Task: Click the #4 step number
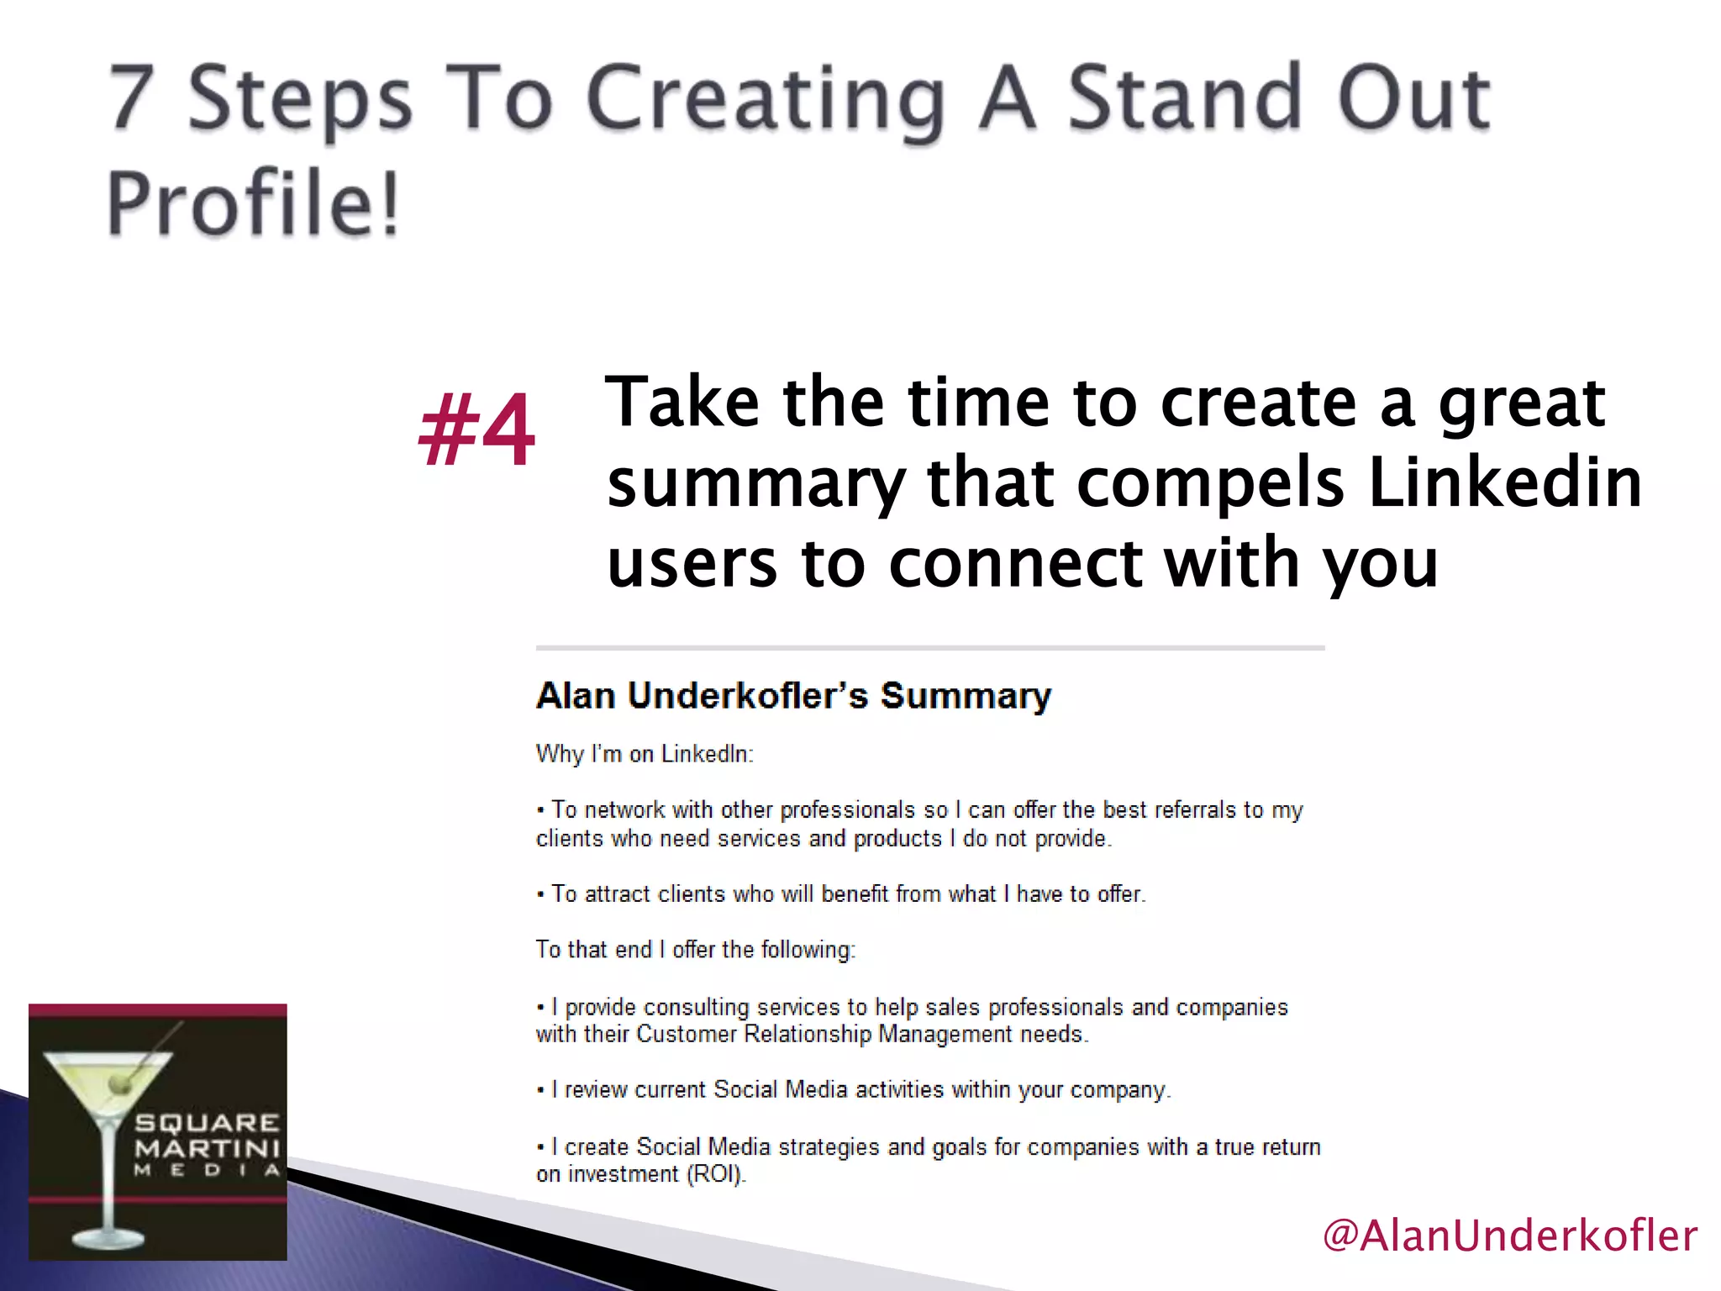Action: point(476,430)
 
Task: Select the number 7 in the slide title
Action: point(133,99)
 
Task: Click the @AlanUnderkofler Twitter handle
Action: point(1509,1236)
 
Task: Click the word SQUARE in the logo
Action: point(207,1123)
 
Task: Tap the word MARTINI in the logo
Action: point(207,1148)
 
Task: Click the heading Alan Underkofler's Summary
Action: point(793,696)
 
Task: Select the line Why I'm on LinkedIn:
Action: point(645,754)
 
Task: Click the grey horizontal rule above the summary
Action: point(930,648)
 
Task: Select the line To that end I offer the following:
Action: point(695,950)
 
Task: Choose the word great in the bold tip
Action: point(1522,403)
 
